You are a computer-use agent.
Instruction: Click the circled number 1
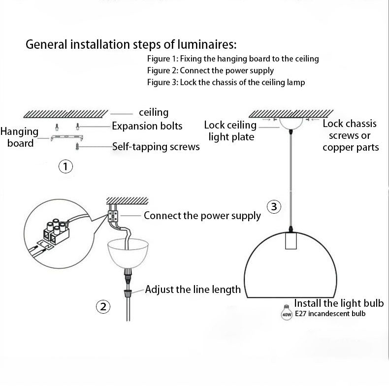coord(65,166)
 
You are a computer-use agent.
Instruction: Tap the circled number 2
coord(102,307)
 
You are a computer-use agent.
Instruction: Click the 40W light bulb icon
coord(286,310)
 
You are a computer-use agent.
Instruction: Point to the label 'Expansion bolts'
coord(147,126)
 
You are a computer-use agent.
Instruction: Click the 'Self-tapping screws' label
coord(156,146)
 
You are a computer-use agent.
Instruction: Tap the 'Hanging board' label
coord(20,137)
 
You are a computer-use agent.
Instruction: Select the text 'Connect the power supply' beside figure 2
coord(202,216)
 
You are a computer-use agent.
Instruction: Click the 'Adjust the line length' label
coord(193,289)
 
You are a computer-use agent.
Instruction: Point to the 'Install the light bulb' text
coord(341,303)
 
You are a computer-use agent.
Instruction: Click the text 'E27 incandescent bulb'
coord(330,313)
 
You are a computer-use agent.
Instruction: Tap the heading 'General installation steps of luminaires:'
coord(131,45)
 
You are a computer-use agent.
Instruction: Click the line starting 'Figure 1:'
coord(233,59)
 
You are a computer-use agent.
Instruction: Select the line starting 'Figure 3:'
coord(226,82)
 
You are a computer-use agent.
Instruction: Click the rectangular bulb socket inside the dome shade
coord(291,241)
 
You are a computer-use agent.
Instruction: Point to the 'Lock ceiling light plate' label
coord(230,130)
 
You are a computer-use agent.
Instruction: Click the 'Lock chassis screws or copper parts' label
coord(350,135)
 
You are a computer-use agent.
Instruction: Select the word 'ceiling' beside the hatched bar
coord(154,113)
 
